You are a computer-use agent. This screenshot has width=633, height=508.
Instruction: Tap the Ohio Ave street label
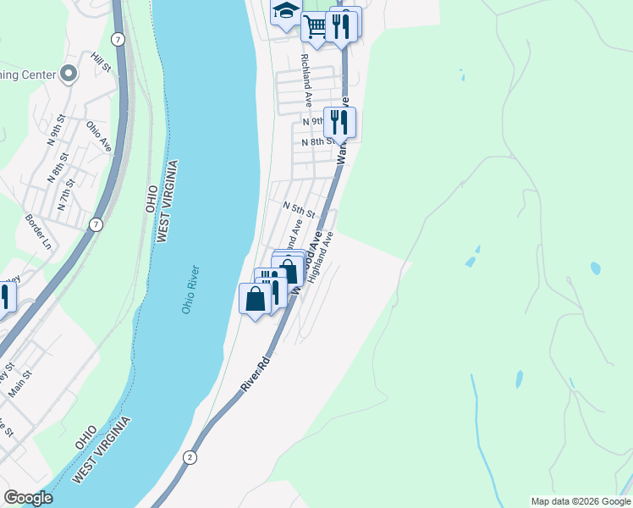pos(99,135)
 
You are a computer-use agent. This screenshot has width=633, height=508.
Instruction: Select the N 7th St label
pos(65,195)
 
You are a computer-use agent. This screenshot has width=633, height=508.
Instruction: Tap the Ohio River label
pos(190,290)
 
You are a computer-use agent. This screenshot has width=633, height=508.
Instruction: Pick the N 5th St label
pos(299,207)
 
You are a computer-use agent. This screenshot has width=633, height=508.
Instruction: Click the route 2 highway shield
pos(189,457)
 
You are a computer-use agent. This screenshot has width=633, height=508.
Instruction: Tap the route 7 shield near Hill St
pos(116,40)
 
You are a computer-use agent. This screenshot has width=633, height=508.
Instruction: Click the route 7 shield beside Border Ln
pos(96,224)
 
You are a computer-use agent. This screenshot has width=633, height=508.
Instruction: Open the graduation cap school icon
pos(286,13)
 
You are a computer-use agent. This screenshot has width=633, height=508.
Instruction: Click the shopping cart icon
pos(315,25)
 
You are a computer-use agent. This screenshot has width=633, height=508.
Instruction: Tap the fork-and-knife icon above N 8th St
pos(339,121)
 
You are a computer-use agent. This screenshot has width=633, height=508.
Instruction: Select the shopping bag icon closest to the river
pos(255,298)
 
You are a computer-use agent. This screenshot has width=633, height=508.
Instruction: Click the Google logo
pos(28,498)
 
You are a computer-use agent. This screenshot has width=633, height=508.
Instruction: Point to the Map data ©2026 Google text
pos(581,501)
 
